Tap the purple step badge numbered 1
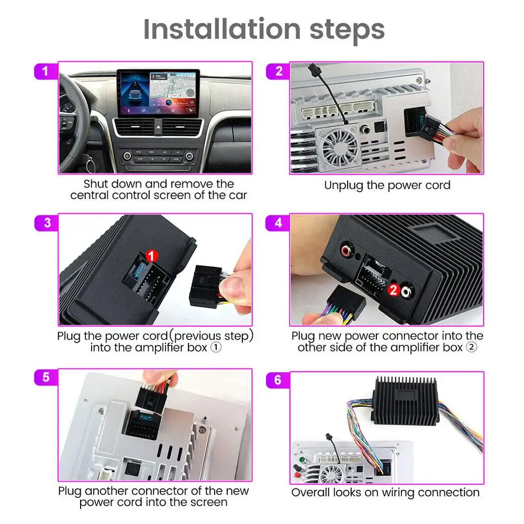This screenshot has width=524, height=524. tap(46, 71)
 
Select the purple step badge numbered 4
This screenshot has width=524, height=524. tap(278, 223)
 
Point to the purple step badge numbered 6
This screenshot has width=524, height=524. tap(278, 380)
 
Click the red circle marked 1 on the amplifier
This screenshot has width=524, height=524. tap(152, 256)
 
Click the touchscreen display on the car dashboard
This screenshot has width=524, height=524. tap(159, 93)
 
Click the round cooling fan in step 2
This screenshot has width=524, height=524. tap(339, 146)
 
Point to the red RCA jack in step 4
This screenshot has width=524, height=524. tap(346, 250)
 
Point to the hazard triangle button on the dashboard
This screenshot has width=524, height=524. tap(159, 127)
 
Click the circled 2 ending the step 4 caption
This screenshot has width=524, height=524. tap(472, 347)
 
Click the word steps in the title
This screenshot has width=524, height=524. tap(348, 31)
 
